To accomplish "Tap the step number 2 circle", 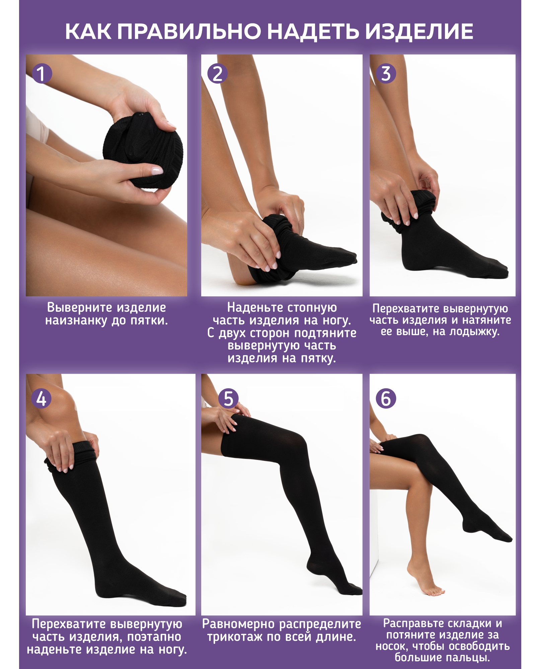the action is coord(217,74).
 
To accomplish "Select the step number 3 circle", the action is coord(386,74).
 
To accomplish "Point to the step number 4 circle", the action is coord(41,399).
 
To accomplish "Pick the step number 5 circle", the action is coord(228,399).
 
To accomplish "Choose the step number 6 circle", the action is coord(386,399).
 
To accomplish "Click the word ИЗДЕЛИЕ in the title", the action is coord(419,32).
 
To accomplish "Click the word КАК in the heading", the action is coord(88,32).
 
